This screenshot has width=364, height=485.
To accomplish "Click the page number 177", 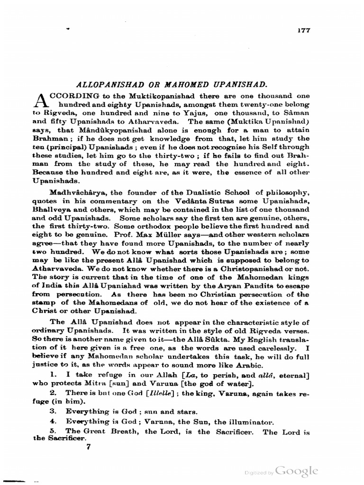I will coord(303,30).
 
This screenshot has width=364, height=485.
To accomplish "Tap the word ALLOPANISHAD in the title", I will coord(105,85).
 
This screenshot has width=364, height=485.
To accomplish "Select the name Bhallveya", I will coord(51,209).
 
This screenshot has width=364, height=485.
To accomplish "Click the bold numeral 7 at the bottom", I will coord(88,446).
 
